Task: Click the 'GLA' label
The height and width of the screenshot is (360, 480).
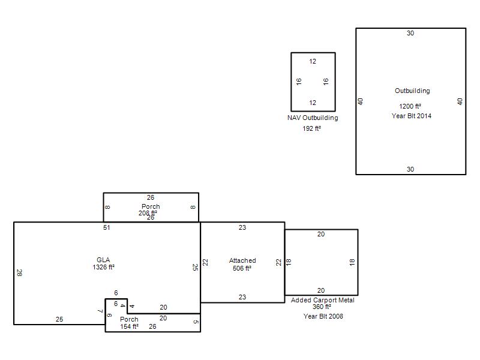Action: pos(103,260)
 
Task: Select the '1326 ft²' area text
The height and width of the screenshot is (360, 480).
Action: pos(103,267)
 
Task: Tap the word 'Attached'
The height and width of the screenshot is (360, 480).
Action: pos(242,260)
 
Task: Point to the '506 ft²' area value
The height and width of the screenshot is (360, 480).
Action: pos(242,268)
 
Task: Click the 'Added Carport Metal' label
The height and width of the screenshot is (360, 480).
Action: pos(323,300)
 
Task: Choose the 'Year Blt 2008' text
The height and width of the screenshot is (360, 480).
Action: pos(323,316)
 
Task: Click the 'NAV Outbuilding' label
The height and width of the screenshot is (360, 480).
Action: pos(313,118)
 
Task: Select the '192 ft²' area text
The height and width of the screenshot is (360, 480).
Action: pos(312,128)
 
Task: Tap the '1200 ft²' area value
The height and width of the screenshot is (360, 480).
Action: pos(410,106)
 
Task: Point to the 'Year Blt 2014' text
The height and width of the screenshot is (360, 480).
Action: pos(412,116)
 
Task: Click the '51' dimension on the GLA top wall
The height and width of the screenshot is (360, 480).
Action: pos(107,227)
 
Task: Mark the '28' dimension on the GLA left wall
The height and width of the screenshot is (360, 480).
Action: pos(19,273)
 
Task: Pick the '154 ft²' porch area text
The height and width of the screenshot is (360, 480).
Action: pos(129,326)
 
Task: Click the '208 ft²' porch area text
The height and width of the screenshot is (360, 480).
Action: pos(148,213)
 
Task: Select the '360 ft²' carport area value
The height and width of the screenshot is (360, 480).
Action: pos(322,307)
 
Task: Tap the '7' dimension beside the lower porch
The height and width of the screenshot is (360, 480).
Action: pos(100,311)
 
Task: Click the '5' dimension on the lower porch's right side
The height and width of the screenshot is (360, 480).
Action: pos(196,322)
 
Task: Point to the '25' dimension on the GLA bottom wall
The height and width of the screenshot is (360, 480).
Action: pos(59,319)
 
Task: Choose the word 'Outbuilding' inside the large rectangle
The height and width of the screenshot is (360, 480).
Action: pos(412,91)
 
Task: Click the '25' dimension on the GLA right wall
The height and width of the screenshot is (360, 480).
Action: pos(195,267)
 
